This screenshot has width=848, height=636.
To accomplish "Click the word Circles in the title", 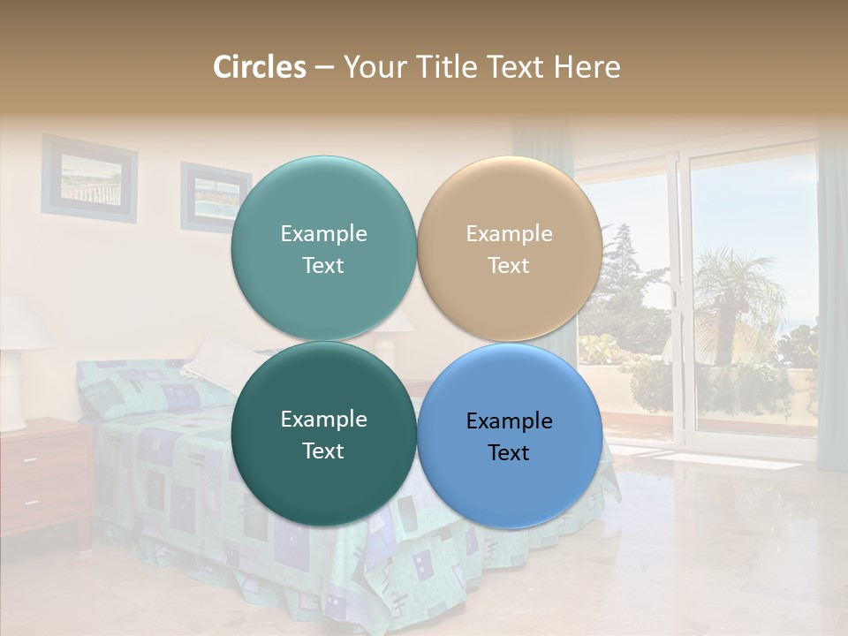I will pyautogui.click(x=259, y=67).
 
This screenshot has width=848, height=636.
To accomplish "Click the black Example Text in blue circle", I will pyautogui.click(x=509, y=436).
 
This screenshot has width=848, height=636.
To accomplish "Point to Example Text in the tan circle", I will pyautogui.click(x=509, y=249).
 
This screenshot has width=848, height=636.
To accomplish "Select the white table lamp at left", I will pyautogui.click(x=19, y=362).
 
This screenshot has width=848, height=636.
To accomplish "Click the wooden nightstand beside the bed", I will pyautogui.click(x=44, y=477).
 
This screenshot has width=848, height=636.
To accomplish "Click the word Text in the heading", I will pyautogui.click(x=518, y=67).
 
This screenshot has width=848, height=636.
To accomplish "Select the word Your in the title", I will pyautogui.click(x=369, y=67).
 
